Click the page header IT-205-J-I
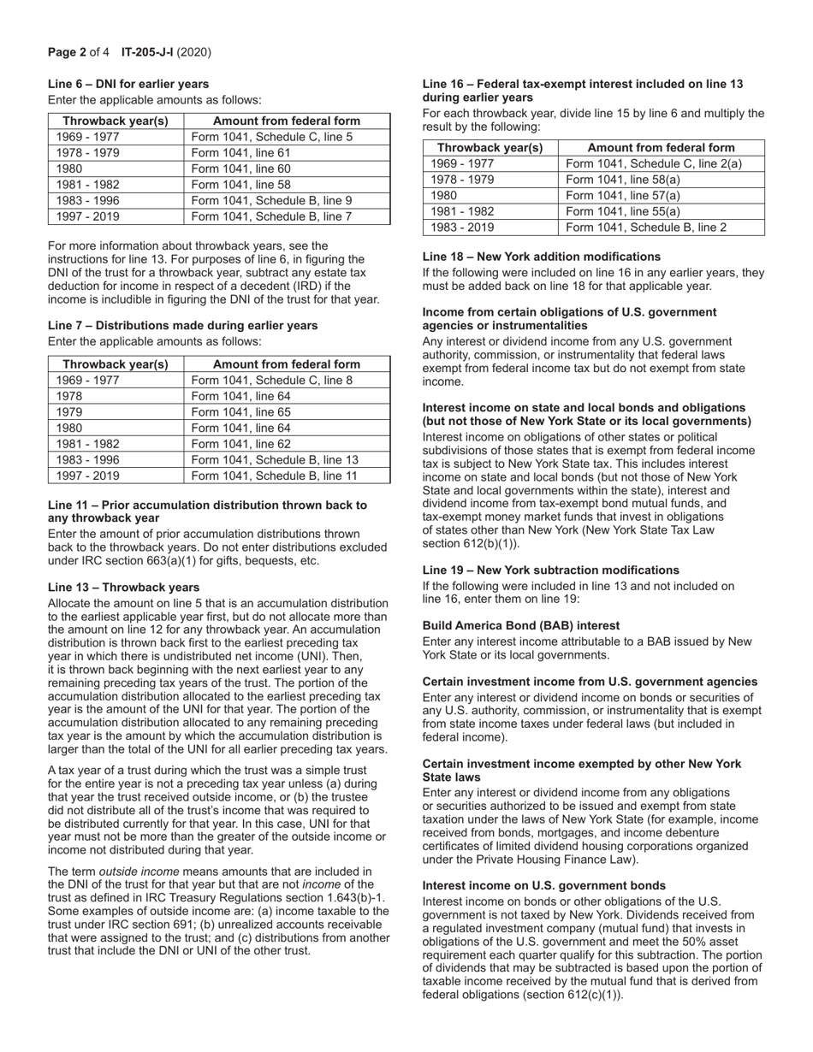147,52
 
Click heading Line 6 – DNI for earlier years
128,84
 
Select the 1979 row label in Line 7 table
70,412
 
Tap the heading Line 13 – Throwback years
123,587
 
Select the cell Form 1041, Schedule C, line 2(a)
654,163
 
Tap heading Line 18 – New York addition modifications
541,257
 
